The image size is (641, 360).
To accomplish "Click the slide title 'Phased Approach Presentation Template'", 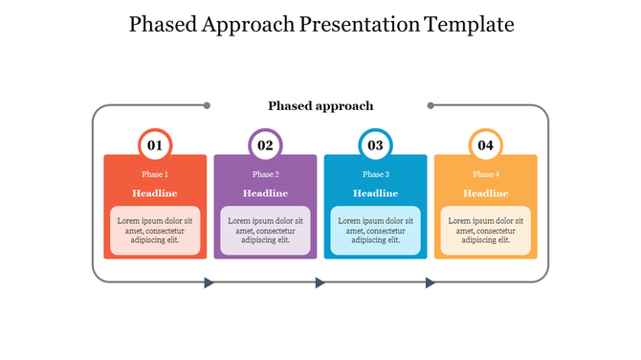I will [x=320, y=25].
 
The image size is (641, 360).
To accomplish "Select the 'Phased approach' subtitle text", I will [x=320, y=105].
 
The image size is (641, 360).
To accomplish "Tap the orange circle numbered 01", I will [x=155, y=146].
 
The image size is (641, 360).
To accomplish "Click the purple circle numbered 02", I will [x=265, y=146].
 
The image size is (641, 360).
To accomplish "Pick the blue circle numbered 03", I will [x=375, y=146].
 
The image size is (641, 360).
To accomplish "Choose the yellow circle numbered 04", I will [x=486, y=146].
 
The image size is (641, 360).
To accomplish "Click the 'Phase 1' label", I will [x=155, y=174].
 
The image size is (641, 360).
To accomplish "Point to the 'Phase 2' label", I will [x=265, y=174].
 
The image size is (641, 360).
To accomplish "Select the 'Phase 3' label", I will [x=375, y=174].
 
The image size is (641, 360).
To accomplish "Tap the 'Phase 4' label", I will [x=486, y=174].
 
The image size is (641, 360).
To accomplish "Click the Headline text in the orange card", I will [x=155, y=193].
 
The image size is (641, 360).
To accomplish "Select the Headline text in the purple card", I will [x=265, y=193].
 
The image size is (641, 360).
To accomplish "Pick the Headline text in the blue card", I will [x=375, y=193].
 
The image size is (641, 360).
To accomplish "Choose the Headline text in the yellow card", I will [x=486, y=193].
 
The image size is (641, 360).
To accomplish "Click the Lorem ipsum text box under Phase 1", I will [x=155, y=231].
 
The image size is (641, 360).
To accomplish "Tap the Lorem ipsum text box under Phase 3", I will [x=375, y=231].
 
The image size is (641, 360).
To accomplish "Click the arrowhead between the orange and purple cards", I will [x=210, y=282].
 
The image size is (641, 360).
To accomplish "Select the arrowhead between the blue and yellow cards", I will [x=431, y=282].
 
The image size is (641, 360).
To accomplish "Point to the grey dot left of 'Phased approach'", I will [x=207, y=105].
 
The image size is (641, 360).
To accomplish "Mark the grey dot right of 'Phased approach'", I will [x=431, y=105].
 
